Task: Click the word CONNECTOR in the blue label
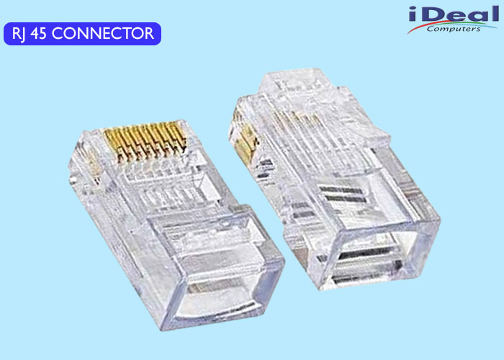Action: [103, 33]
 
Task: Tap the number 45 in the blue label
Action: [38, 33]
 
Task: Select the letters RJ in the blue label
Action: [19, 34]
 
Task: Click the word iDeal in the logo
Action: [454, 15]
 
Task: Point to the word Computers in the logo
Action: [454, 30]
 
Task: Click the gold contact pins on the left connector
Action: [145, 141]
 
